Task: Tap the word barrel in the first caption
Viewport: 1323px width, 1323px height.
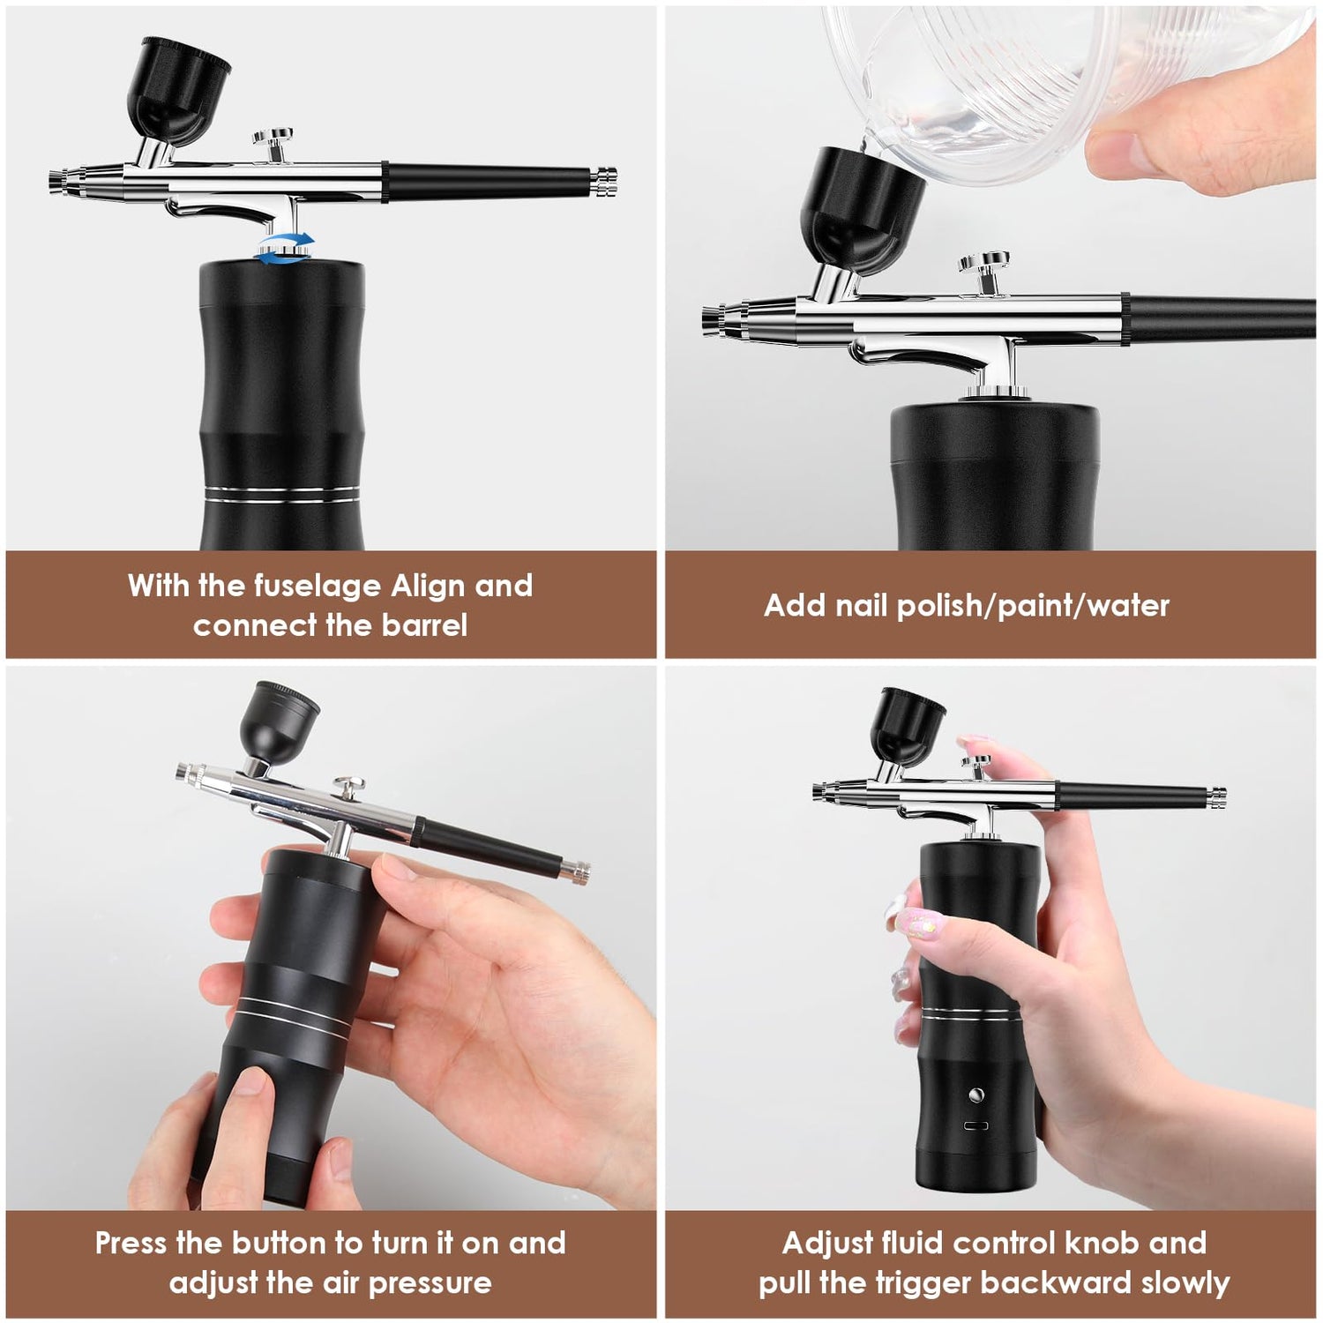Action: point(424,625)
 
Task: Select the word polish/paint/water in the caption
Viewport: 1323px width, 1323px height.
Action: point(1033,606)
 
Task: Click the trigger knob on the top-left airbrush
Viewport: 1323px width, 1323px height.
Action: point(273,139)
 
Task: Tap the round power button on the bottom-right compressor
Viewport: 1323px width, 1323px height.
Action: point(975,1095)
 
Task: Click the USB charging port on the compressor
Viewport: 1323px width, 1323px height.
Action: point(975,1126)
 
